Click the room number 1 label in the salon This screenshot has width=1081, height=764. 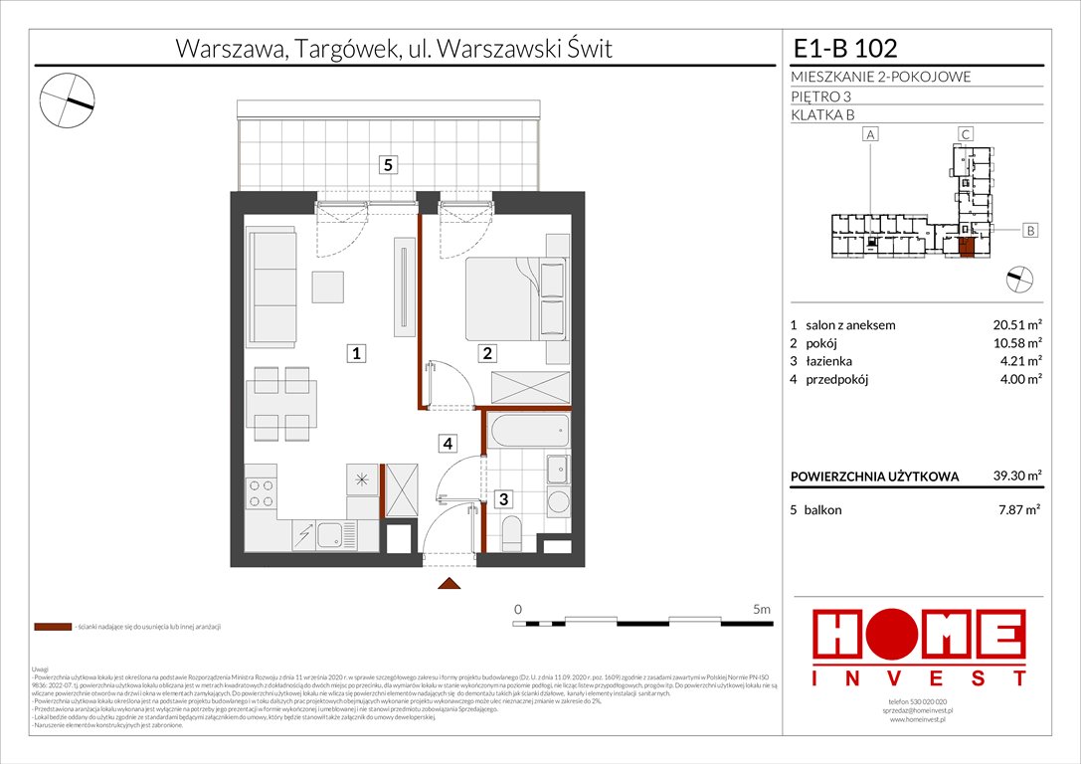353,352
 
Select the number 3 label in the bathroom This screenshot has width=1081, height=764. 504,499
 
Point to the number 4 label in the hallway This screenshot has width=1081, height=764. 450,443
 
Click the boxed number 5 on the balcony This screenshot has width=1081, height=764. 388,166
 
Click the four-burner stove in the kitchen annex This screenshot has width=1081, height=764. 262,494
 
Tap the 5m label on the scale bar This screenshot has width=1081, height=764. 762,608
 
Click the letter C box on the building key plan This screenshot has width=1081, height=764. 965,133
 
